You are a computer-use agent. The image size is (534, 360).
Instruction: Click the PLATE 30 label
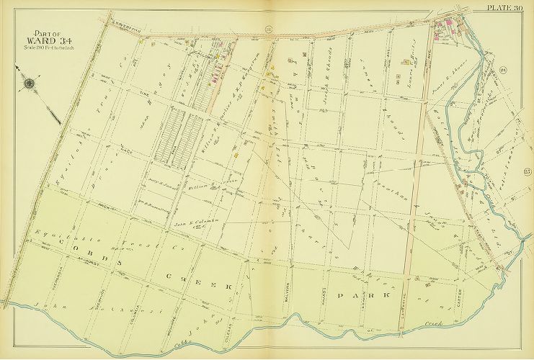[x=510, y=7]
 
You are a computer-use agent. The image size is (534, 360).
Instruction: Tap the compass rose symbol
[x=30, y=84]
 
